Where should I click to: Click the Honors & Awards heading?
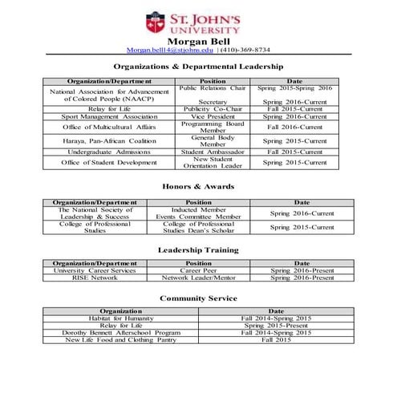click(198, 186)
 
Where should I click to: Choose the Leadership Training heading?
click(198, 249)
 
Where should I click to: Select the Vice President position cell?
click(213, 116)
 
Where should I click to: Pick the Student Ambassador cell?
click(213, 152)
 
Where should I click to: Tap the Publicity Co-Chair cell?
click(213, 108)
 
